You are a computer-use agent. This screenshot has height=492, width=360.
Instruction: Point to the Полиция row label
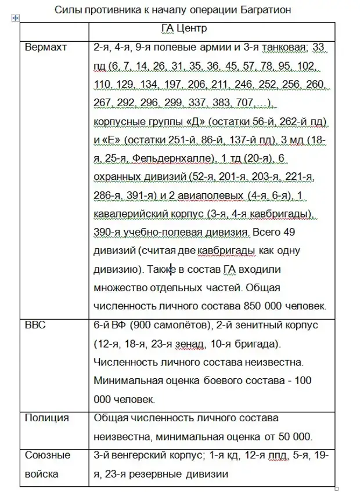[x=47, y=418]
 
